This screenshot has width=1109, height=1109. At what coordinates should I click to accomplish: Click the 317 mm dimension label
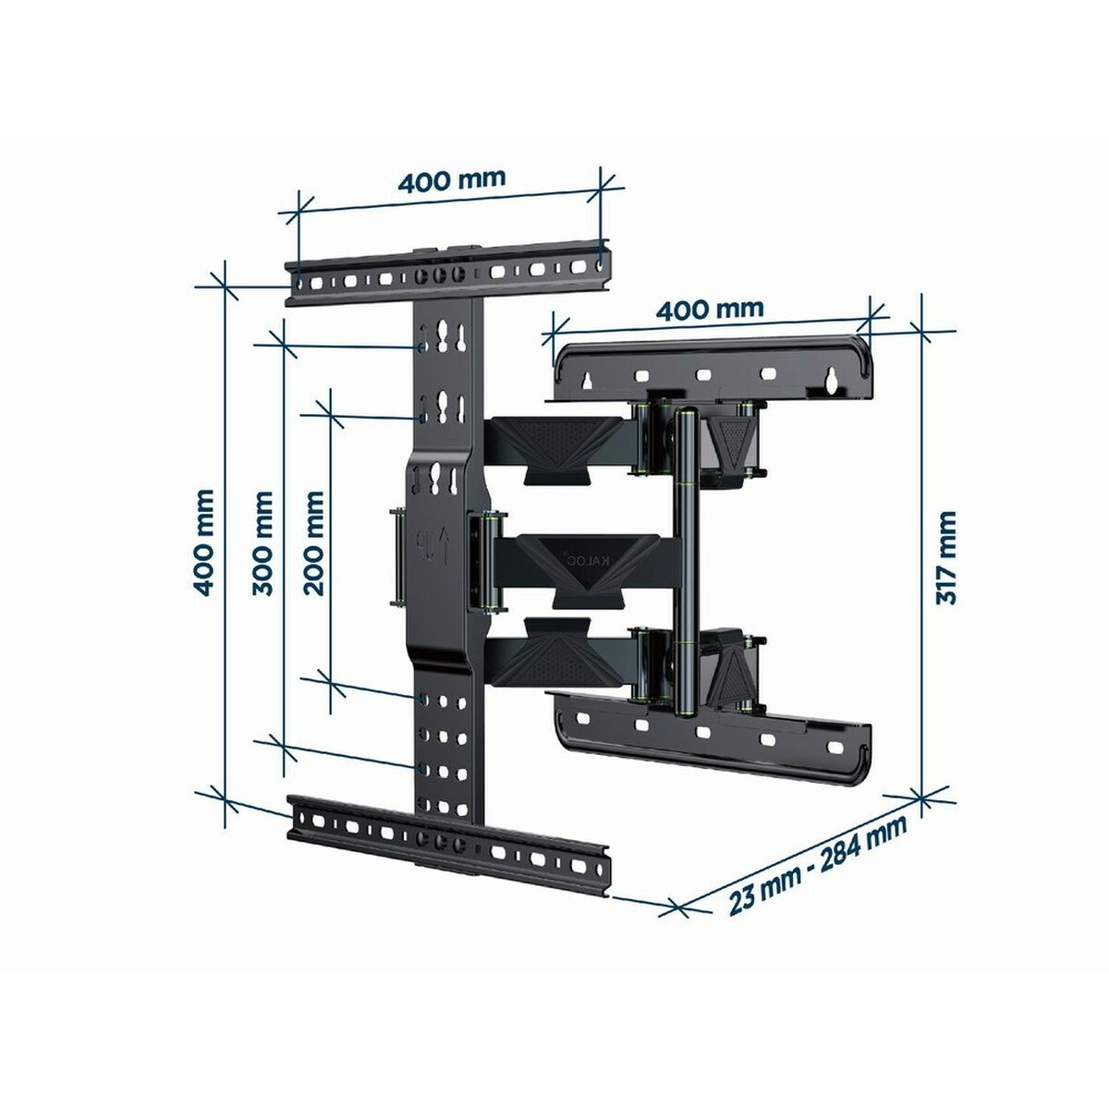(946, 557)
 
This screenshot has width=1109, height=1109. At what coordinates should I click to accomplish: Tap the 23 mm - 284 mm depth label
(818, 859)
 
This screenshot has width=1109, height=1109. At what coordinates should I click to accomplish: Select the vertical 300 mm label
(262, 543)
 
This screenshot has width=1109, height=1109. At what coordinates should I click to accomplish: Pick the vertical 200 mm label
(313, 543)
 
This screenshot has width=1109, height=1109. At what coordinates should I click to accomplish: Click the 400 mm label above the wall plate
(710, 310)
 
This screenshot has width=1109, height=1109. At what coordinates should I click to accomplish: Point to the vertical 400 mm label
(203, 542)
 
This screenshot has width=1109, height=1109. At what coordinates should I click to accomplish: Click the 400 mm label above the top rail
(452, 180)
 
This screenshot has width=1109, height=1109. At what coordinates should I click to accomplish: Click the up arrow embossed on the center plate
(443, 548)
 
